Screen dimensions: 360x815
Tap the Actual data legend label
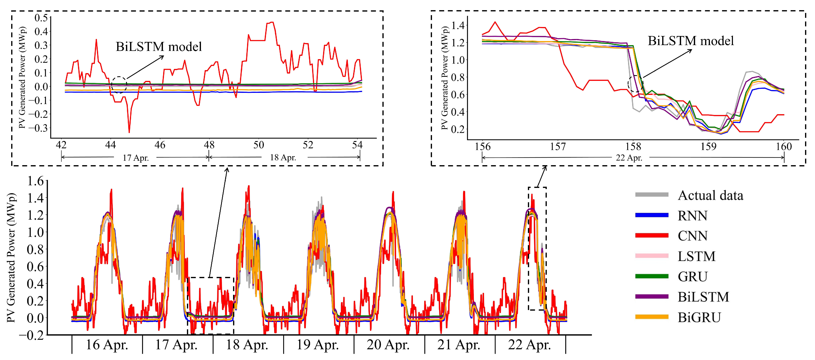point(710,195)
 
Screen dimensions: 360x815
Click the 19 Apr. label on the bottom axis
point(317,345)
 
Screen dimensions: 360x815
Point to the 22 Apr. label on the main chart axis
point(529,345)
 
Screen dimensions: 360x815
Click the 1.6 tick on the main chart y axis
point(35,181)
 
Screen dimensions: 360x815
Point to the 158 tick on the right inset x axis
point(633,146)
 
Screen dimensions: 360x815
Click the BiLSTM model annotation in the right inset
point(691,41)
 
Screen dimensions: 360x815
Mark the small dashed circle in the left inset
point(119,85)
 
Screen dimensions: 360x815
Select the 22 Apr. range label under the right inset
point(629,157)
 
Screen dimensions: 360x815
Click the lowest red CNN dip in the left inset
point(129,132)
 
